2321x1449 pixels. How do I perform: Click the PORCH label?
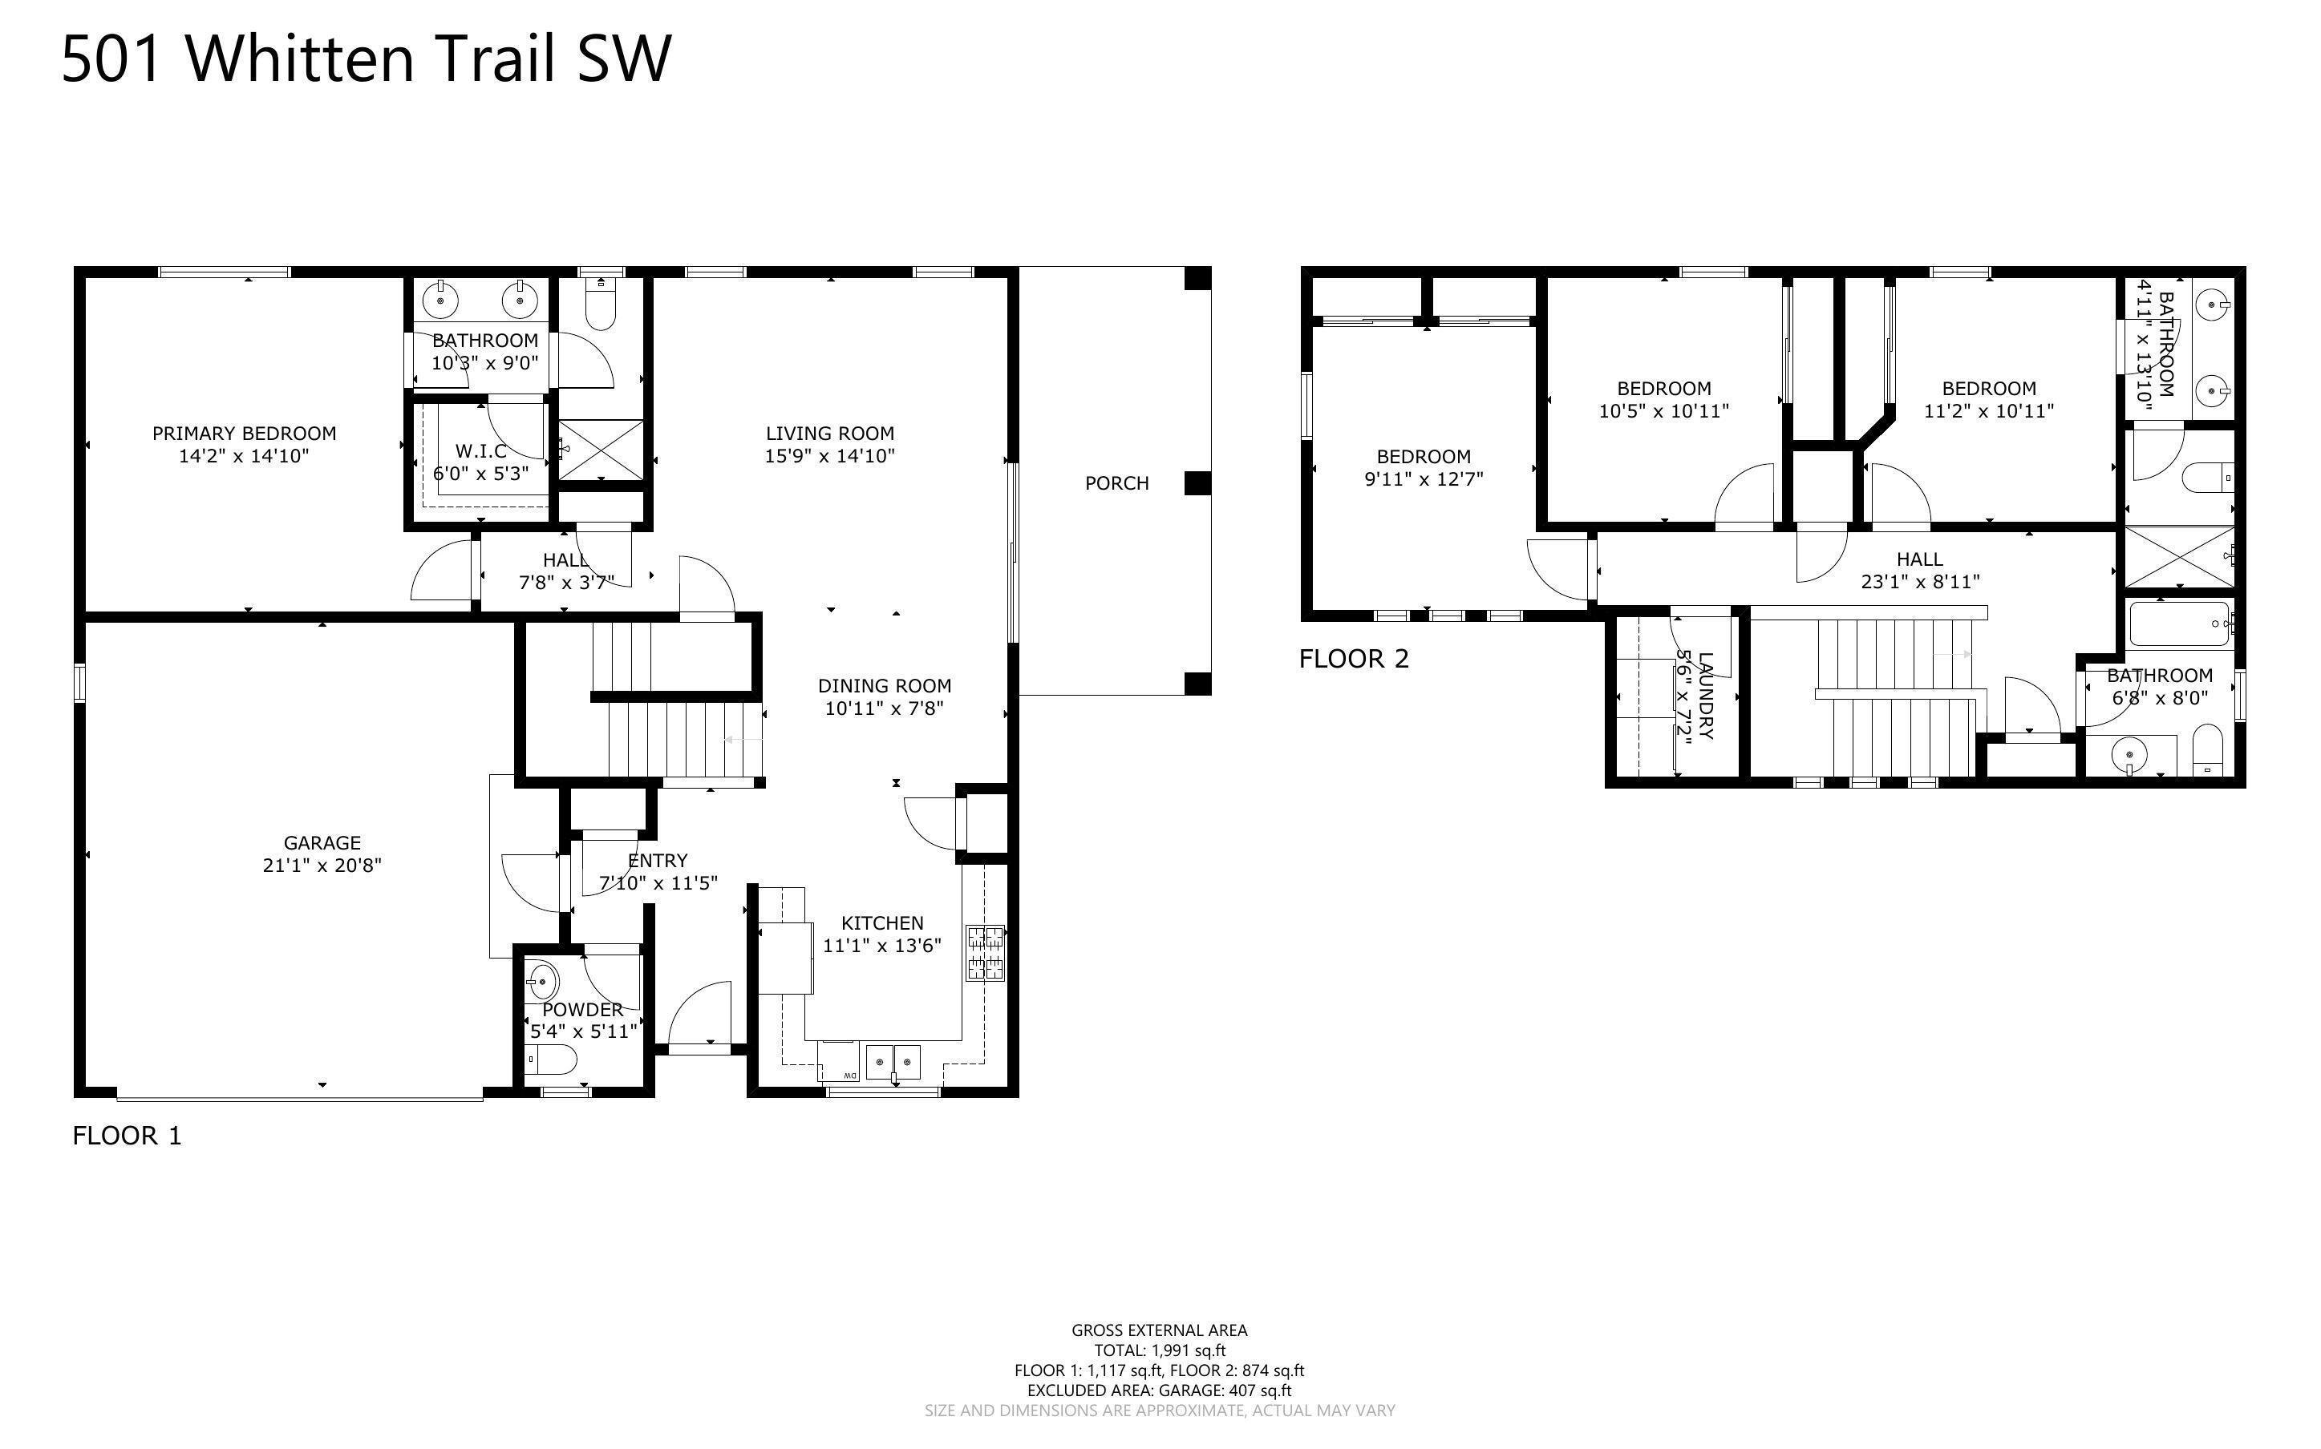point(1117,484)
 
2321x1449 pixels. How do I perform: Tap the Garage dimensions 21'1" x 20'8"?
point(322,866)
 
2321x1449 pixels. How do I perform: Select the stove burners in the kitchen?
point(986,953)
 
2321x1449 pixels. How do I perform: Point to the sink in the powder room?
point(543,981)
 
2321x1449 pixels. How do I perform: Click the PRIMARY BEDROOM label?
point(245,433)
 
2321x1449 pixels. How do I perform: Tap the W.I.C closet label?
point(481,451)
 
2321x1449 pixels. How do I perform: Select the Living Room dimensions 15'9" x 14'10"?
point(829,456)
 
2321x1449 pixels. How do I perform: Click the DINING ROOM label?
point(884,686)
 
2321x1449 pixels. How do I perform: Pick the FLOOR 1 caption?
point(127,1136)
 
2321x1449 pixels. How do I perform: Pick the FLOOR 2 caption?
point(1354,660)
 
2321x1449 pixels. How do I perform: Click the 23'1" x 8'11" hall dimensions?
point(1919,582)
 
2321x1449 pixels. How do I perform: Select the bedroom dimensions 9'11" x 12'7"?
point(1424,479)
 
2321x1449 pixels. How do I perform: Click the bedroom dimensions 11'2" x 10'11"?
point(1989,411)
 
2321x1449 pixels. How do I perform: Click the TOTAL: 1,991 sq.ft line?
point(1159,1350)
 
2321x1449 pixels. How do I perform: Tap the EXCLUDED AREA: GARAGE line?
point(1159,1390)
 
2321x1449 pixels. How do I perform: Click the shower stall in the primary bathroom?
point(600,450)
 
